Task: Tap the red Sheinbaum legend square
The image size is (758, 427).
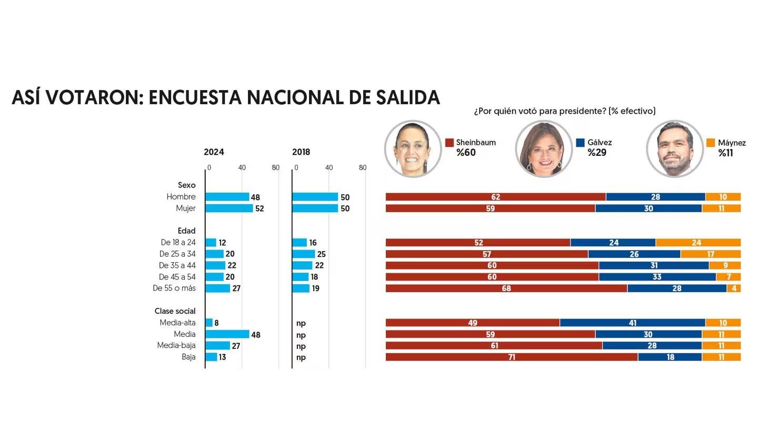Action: point(449,143)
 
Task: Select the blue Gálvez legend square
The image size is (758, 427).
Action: point(581,143)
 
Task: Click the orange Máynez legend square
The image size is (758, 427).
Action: point(711,143)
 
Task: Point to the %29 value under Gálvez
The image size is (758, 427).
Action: point(597,153)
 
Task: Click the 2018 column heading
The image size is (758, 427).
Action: point(301,152)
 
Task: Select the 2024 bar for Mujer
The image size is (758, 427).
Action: point(229,208)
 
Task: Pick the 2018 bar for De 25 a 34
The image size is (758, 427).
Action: point(303,254)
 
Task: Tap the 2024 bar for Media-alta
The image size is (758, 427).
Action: point(209,323)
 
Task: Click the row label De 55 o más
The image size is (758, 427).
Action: point(174,289)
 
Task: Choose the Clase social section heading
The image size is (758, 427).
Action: point(175,311)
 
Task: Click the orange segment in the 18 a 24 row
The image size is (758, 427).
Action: point(698,243)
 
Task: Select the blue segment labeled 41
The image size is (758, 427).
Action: point(632,323)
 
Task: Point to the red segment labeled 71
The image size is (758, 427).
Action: point(511,357)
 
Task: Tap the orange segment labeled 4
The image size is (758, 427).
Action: point(734,289)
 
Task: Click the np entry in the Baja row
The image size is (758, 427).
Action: point(301,358)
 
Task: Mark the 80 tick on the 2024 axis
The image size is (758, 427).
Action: point(275,168)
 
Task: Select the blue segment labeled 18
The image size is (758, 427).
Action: point(670,357)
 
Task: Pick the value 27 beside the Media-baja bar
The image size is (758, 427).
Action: point(236,346)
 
